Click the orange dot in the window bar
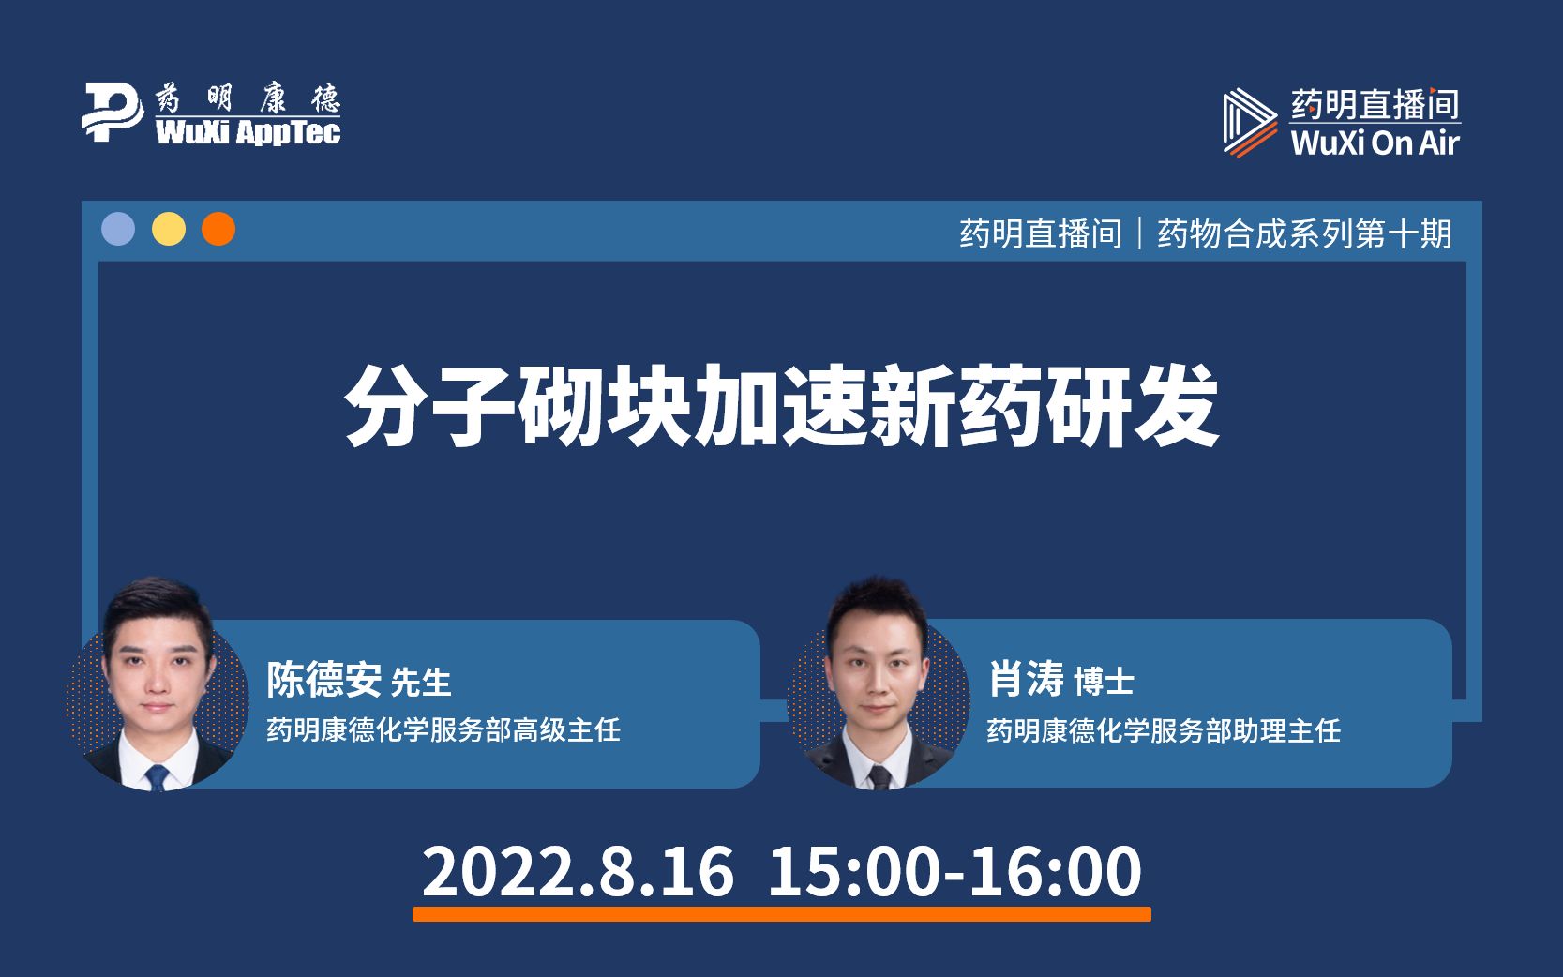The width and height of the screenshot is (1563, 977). point(218,229)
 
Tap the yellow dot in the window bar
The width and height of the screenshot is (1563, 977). point(169,229)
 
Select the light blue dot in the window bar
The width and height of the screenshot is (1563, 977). point(118,229)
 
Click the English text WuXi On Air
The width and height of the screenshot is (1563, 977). point(1375,143)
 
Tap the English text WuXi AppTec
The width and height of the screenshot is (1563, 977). point(248,132)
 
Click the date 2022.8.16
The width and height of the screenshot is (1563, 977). point(578,872)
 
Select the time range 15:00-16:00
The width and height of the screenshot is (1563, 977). point(954,872)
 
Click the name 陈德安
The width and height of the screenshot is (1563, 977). point(323,680)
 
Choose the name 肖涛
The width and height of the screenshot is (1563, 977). point(1027,679)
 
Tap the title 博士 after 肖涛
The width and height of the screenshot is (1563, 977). point(1104,682)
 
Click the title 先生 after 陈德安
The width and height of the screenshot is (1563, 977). point(420,683)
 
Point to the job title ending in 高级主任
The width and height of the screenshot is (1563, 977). point(443,729)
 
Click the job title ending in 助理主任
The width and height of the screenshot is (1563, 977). point(1164,730)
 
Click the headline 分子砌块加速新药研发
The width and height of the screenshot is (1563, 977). point(782,406)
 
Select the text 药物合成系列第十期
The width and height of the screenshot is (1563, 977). point(1304,233)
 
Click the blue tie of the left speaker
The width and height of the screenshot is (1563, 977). point(157,777)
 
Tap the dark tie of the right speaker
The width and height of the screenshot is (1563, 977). point(879,777)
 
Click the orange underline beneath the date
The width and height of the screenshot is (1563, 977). point(782,913)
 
